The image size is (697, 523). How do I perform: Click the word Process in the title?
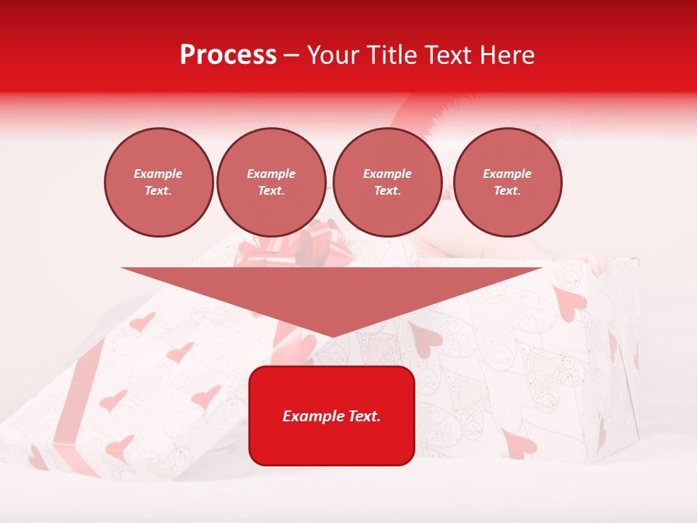coord(228,54)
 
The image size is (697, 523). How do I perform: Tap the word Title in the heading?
coord(395,55)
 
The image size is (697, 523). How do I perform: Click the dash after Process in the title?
coord(292,56)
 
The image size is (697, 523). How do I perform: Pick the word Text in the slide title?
coord(450,55)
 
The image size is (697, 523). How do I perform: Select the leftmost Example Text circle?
coord(159,182)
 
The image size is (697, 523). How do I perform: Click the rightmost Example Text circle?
coord(508,182)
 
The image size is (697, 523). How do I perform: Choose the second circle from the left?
coord(272,182)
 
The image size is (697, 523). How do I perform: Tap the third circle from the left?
coord(388,182)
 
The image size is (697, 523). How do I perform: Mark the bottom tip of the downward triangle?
coord(332,337)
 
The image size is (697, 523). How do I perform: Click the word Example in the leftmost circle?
coord(158,174)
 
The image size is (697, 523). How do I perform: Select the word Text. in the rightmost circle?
coord(508,190)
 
